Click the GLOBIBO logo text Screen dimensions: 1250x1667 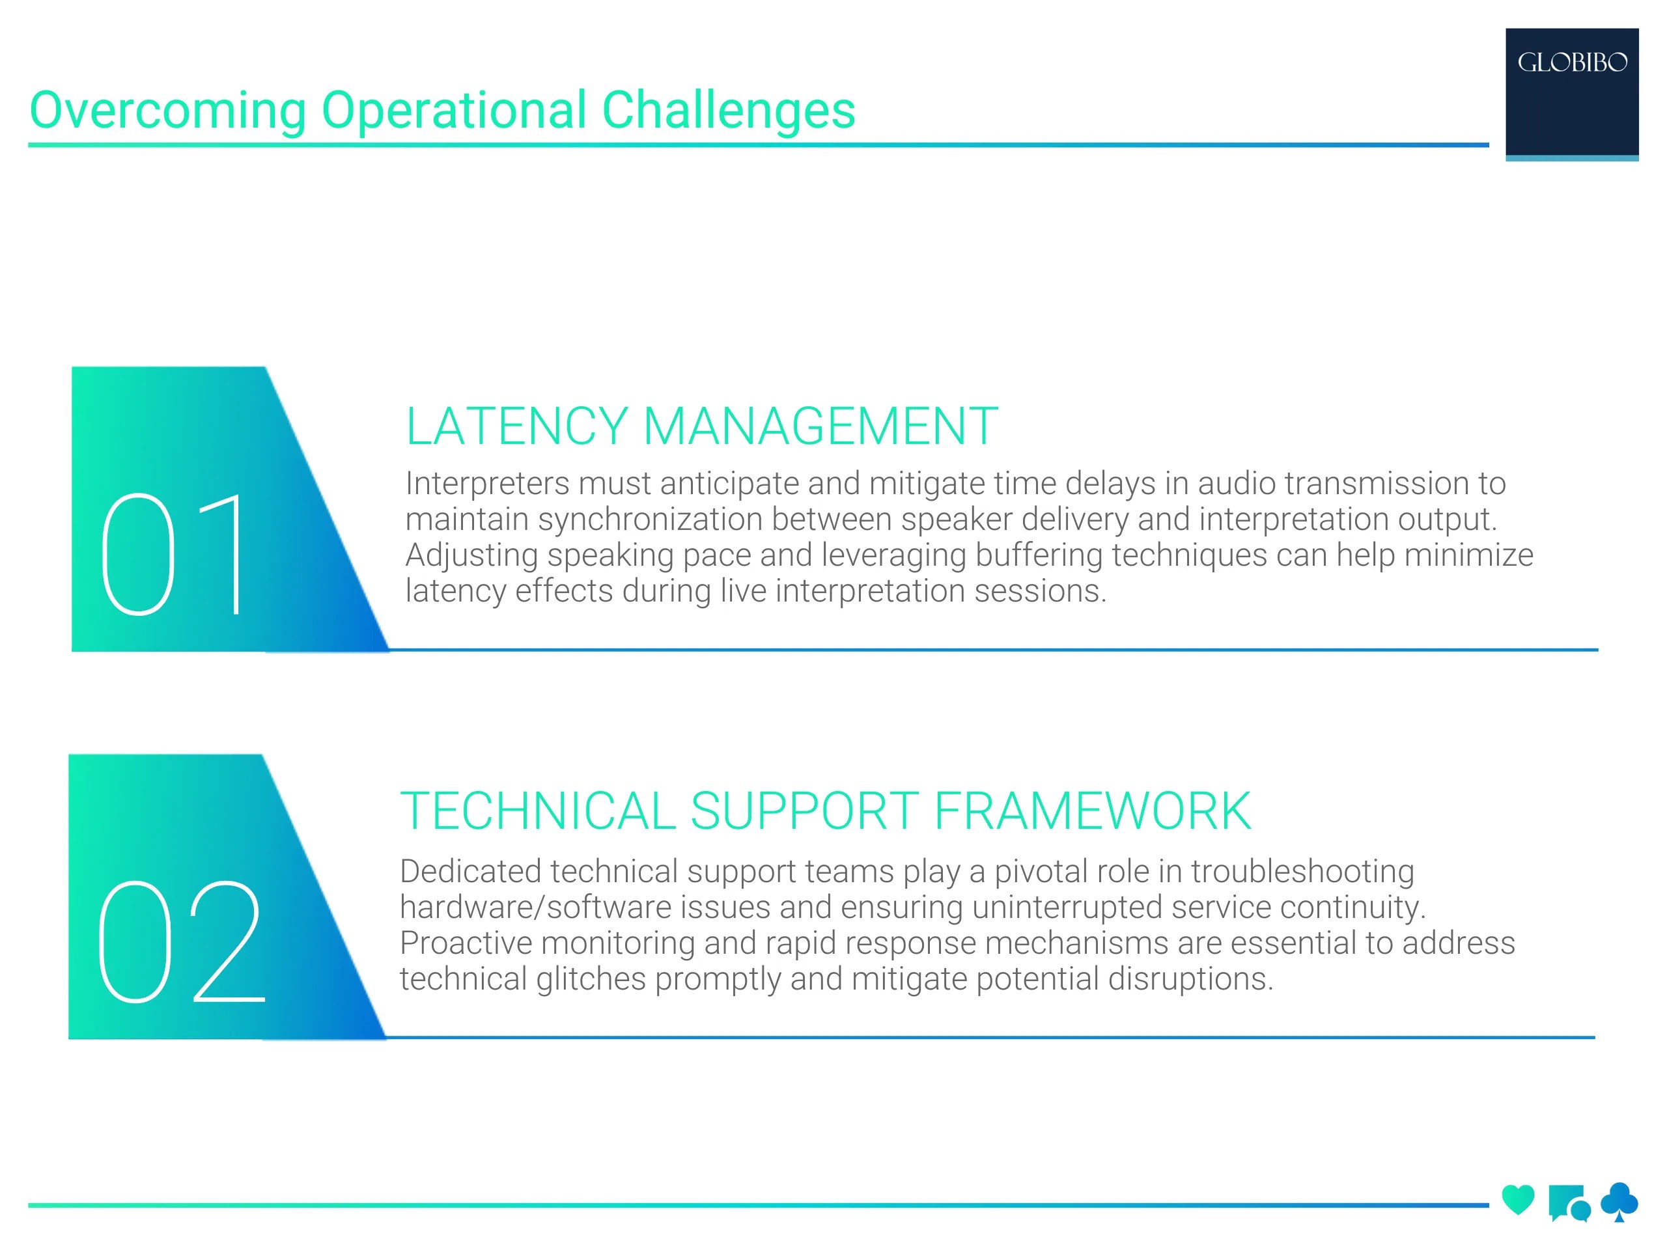[1572, 62]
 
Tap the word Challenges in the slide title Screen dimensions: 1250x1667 [728, 111]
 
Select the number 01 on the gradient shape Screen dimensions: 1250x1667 [173, 555]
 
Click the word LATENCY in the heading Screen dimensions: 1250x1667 [516, 427]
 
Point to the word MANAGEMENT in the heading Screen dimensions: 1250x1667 [820, 427]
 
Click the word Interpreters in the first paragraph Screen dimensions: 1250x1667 [487, 484]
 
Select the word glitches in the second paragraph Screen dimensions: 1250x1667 [591, 980]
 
